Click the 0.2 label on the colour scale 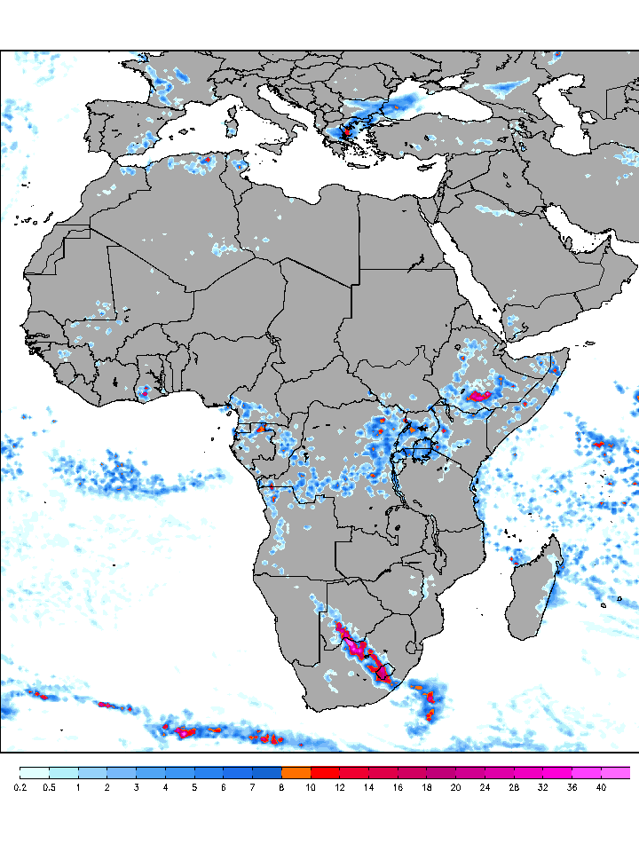(x=20, y=787)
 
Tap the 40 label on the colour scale (x=601, y=787)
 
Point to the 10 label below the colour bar (x=311, y=787)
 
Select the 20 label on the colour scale (x=455, y=787)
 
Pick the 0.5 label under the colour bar (x=50, y=787)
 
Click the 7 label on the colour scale (x=253, y=787)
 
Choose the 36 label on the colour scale (x=572, y=787)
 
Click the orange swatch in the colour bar (x=296, y=772)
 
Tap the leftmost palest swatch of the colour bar (x=35, y=772)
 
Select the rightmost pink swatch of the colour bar (x=615, y=772)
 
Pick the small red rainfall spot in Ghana (x=145, y=391)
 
